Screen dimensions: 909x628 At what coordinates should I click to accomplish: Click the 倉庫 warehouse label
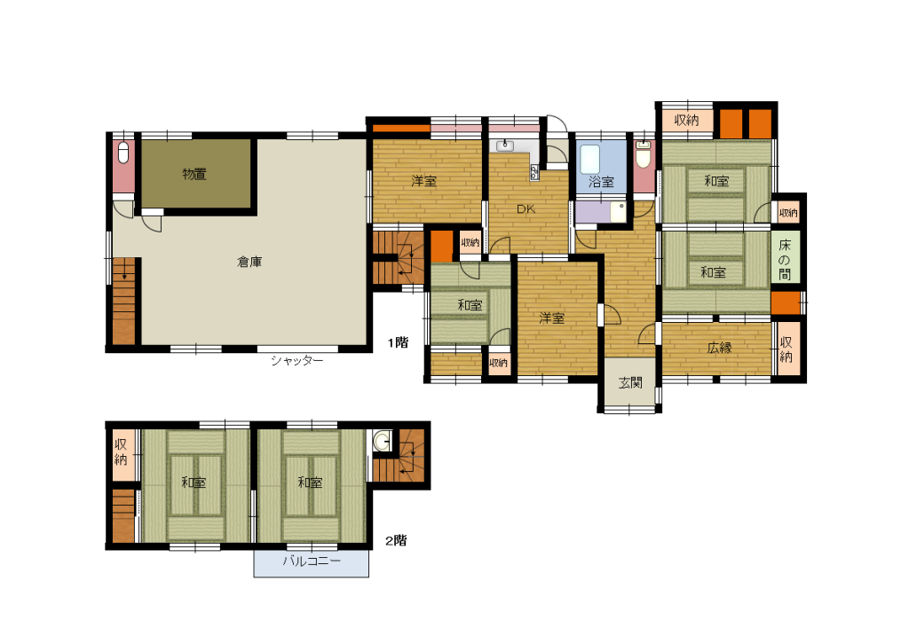249,262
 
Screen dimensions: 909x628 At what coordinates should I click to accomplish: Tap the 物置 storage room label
194,174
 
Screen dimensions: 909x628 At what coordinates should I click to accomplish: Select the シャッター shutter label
296,361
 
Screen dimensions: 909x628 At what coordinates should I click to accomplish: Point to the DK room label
526,209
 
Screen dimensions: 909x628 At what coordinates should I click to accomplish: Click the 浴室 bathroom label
601,182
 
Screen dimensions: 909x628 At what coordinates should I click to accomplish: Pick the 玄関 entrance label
630,382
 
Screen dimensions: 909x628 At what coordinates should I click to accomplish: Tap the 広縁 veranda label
719,348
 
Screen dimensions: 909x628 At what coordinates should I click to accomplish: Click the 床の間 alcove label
785,259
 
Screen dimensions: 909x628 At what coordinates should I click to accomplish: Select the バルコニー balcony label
312,561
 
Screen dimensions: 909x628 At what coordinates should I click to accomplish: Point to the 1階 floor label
399,342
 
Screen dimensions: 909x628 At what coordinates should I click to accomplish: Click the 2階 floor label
397,540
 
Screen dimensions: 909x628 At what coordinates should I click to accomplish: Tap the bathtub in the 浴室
590,159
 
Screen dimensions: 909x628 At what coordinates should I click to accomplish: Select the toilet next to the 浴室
644,154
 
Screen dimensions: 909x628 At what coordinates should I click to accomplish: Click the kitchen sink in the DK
505,145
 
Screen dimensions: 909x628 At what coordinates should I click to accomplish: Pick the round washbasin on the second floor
382,442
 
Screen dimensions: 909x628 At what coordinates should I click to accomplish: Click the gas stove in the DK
534,171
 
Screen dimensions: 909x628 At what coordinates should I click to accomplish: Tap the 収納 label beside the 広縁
786,349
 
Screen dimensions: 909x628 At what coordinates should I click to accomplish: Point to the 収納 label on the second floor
121,452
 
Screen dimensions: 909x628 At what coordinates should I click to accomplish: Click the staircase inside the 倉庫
123,302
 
